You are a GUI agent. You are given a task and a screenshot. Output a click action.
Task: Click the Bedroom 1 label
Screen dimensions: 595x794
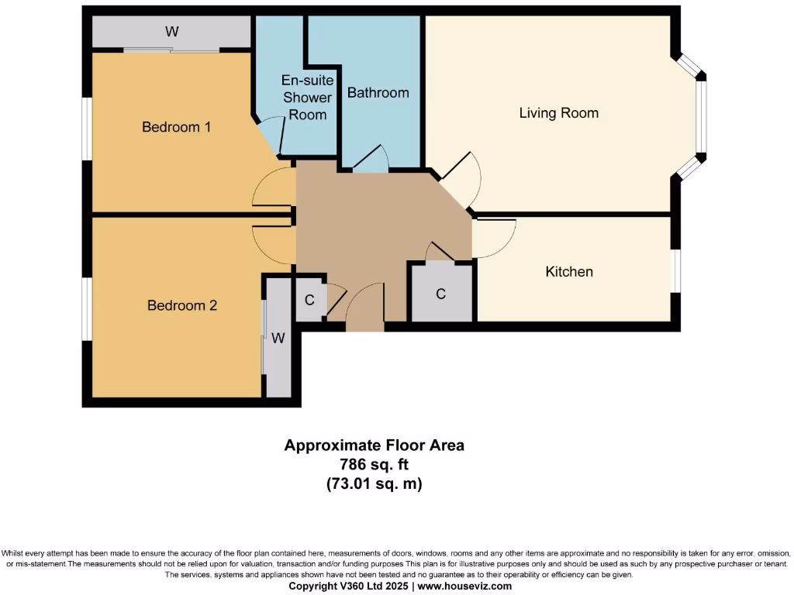(176, 126)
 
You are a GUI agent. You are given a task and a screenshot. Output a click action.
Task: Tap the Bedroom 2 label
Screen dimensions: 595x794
(181, 305)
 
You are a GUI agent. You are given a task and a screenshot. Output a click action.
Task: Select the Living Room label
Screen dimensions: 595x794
(558, 113)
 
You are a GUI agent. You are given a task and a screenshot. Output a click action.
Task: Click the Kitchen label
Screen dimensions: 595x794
(569, 271)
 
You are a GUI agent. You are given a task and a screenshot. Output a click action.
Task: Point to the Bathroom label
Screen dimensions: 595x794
(378, 93)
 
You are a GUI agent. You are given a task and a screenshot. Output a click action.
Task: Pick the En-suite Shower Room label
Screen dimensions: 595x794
(307, 98)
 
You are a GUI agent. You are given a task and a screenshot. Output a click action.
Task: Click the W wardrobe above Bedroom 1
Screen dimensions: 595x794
(171, 32)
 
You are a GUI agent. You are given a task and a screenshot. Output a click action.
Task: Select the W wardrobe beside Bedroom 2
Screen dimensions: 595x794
(278, 338)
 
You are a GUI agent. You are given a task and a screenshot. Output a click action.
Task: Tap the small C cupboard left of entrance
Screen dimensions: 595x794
(309, 300)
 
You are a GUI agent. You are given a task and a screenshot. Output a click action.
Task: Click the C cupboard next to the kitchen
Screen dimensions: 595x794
(440, 294)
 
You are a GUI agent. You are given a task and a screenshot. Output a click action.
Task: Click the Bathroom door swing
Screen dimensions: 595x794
(371, 160)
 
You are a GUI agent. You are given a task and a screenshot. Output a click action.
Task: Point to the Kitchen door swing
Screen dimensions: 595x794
(495, 237)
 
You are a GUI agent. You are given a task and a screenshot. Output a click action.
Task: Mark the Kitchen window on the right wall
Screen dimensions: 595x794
(676, 271)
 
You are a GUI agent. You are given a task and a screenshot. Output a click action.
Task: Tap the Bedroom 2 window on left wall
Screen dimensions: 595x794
(88, 308)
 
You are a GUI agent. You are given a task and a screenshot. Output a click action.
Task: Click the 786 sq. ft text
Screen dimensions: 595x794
(374, 464)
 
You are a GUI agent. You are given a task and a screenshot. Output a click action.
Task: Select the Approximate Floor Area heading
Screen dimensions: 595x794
(374, 445)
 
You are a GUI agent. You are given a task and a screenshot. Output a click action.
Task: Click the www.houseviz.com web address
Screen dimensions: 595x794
(464, 586)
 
